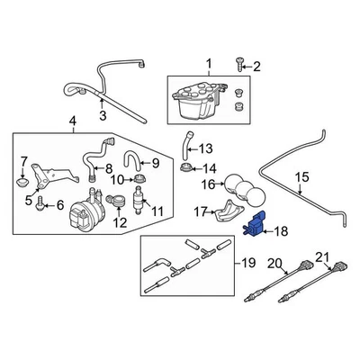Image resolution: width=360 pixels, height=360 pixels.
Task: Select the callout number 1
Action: click(x=210, y=64)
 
